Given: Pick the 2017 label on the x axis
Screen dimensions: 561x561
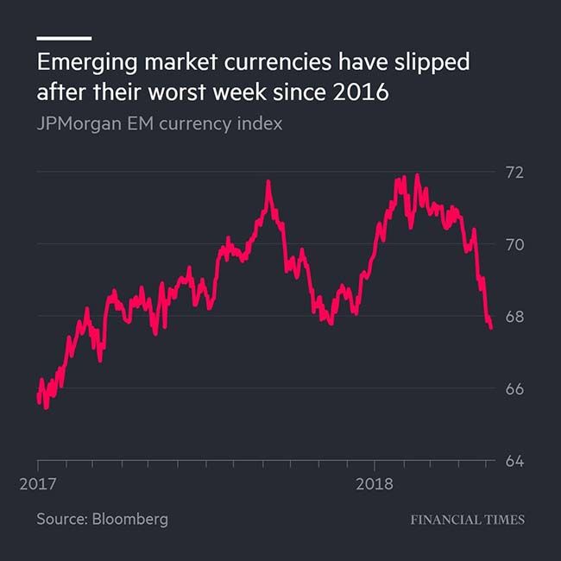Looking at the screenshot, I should tap(38, 484).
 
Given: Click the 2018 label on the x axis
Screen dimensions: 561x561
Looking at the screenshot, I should tap(374, 484).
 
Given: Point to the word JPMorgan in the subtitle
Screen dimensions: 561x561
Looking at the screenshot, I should tap(76, 123).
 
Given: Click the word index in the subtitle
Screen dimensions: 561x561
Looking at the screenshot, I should tap(261, 123).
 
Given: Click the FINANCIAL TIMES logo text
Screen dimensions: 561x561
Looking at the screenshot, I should tap(467, 520).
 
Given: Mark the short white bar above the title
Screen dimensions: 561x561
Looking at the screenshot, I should tap(63, 38).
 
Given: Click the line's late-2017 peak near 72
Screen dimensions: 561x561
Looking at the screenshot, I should tap(268, 182).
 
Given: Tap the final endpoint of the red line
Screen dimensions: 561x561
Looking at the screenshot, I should tap(491, 328).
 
